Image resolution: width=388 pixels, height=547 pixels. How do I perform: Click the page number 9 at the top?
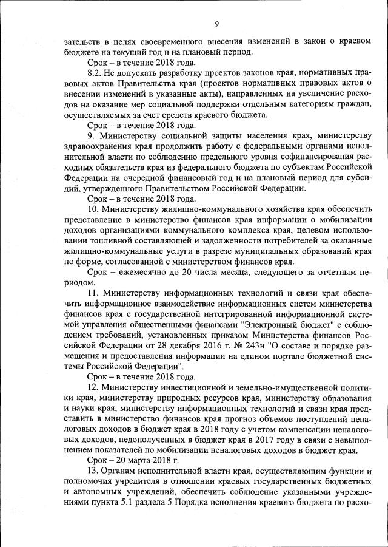click(216, 24)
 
